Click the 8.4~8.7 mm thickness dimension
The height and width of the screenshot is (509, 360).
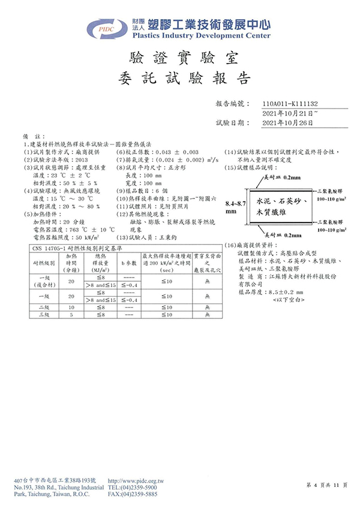236,207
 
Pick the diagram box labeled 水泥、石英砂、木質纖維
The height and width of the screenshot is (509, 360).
283,204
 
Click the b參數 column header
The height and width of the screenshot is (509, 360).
128,263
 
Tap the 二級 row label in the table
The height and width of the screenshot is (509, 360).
44,306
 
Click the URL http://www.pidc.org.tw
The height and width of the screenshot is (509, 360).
136,481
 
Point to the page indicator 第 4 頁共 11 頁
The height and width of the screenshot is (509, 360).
326,484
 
